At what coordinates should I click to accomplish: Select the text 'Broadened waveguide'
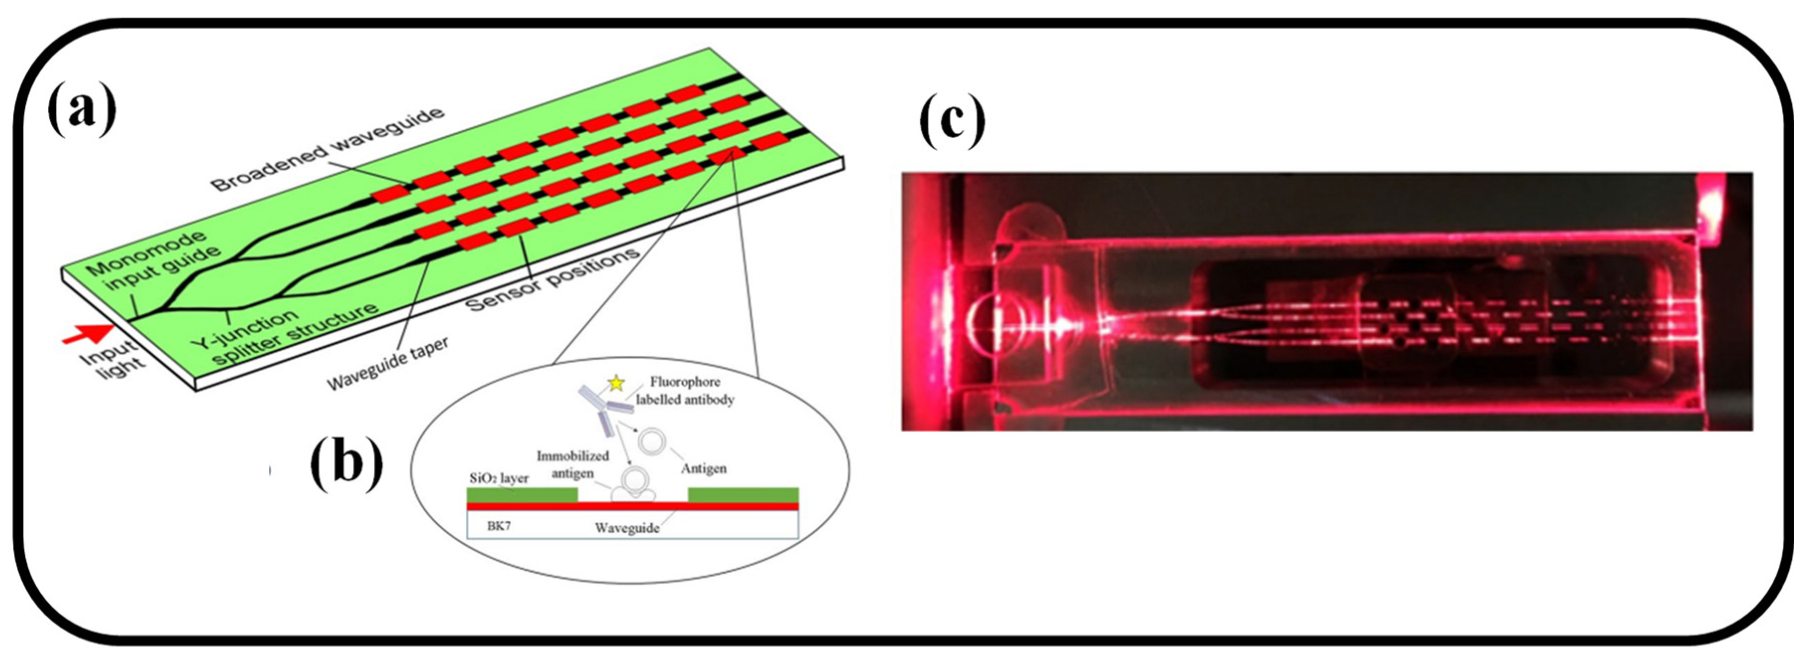(x=328, y=150)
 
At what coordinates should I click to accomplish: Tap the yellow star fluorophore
(x=616, y=383)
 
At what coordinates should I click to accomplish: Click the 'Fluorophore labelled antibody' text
(x=684, y=390)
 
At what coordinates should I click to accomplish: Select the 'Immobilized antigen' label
(x=573, y=464)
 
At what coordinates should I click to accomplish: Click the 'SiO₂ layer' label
(x=499, y=478)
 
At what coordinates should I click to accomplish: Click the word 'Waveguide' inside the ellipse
(x=627, y=528)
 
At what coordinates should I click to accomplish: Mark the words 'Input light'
(x=112, y=359)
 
